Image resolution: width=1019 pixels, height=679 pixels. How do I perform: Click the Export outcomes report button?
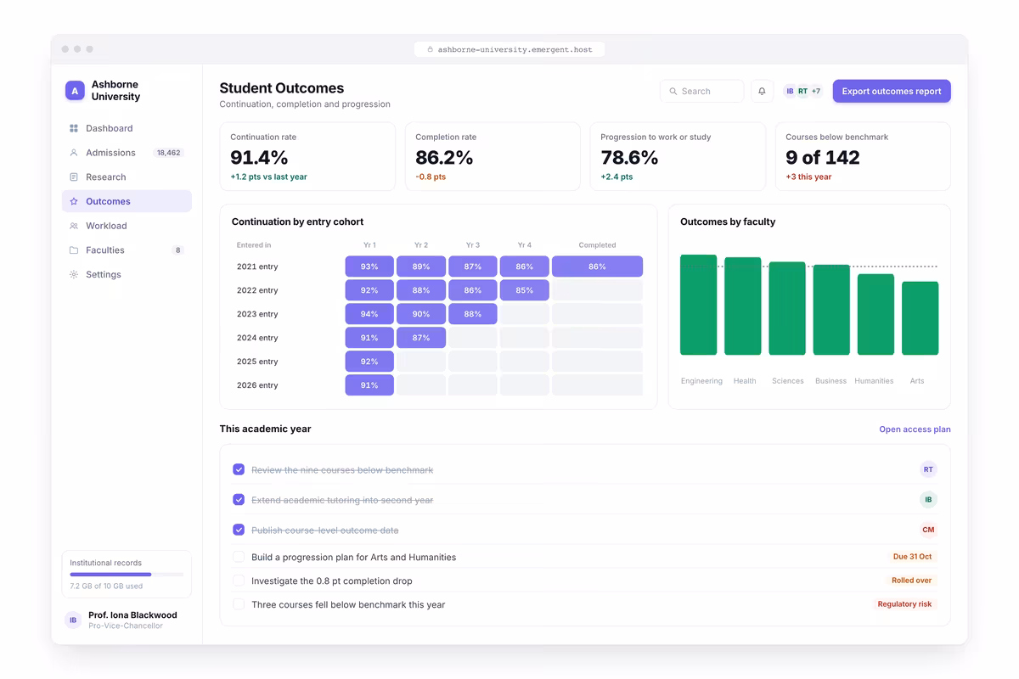(x=891, y=91)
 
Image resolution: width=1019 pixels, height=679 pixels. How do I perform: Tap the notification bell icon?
(x=762, y=91)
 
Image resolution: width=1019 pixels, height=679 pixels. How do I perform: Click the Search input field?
(x=702, y=91)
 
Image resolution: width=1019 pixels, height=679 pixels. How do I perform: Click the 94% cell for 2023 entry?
(x=369, y=314)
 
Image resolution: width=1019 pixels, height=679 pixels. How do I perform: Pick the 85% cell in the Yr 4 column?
(x=525, y=290)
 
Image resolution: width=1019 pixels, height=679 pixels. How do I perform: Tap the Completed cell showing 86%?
(x=597, y=267)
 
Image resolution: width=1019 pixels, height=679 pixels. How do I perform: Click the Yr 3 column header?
(x=473, y=245)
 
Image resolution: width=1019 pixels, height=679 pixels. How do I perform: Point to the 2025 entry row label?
(x=257, y=362)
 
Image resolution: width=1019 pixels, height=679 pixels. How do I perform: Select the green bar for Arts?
(x=920, y=318)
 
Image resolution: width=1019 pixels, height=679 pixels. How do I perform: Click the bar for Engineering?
(x=698, y=305)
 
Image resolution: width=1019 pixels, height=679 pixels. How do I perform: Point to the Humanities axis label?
(x=874, y=380)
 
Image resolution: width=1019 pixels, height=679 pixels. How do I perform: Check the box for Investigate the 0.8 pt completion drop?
(x=239, y=581)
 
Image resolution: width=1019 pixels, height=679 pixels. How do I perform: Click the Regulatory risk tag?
(x=904, y=604)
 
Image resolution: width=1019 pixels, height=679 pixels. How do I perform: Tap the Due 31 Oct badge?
(x=912, y=557)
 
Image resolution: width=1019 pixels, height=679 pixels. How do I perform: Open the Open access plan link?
(x=915, y=429)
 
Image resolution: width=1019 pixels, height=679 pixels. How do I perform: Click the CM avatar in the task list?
(x=928, y=530)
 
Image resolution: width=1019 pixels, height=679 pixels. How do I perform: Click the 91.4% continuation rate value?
(x=259, y=157)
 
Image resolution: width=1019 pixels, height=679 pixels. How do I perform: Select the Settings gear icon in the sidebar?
(x=74, y=274)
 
